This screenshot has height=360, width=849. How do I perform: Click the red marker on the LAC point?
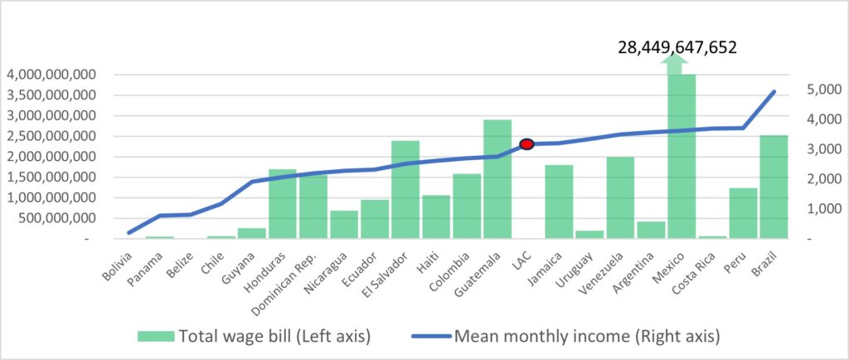pyautogui.click(x=526, y=144)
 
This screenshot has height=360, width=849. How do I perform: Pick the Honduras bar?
pyautogui.click(x=283, y=203)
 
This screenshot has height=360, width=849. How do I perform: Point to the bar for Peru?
pyautogui.click(x=743, y=213)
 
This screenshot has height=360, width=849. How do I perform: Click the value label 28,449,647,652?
pyautogui.click(x=677, y=47)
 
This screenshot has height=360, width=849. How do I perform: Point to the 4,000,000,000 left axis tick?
pyautogui.click(x=51, y=75)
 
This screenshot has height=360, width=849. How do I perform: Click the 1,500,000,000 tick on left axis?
pyautogui.click(x=51, y=177)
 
